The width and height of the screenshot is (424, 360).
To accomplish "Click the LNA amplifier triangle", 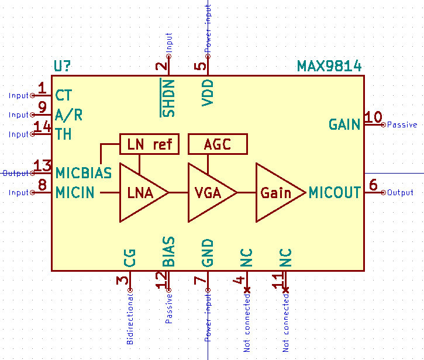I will click(x=140, y=192).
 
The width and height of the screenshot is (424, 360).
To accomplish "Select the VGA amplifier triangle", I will click(x=209, y=192).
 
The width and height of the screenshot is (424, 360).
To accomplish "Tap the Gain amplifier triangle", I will click(x=276, y=192).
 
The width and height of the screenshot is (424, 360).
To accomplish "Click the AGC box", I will click(x=218, y=143).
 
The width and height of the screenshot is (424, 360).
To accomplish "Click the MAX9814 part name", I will click(x=329, y=66).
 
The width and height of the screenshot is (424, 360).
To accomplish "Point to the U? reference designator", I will click(x=64, y=66).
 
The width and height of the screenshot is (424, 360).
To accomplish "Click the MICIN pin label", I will click(x=75, y=192).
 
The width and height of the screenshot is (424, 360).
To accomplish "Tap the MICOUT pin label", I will click(x=335, y=192).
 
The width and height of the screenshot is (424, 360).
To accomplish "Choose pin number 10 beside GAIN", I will click(x=373, y=117).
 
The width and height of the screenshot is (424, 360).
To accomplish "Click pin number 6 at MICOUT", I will click(x=373, y=185).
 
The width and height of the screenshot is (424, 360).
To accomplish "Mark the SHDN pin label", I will click(x=168, y=98).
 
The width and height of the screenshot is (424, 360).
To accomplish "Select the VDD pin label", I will click(x=208, y=93).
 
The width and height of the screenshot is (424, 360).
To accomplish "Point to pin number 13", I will click(x=43, y=166).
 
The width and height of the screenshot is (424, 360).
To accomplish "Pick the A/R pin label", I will click(x=68, y=115).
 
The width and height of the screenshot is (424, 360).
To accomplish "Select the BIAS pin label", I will click(x=168, y=252).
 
